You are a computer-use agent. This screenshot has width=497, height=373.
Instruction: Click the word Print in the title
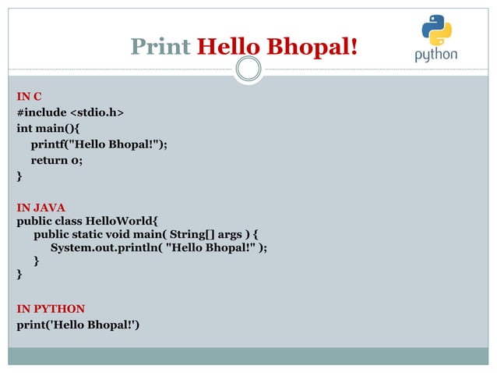tap(160, 48)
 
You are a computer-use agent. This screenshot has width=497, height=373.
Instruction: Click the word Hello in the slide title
tap(226, 48)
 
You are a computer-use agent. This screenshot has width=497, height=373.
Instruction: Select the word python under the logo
tap(435, 55)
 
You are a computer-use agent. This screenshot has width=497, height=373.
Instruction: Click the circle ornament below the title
tap(248, 70)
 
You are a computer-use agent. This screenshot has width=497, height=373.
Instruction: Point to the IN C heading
tap(29, 97)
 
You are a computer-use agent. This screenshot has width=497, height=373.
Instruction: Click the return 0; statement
tap(57, 161)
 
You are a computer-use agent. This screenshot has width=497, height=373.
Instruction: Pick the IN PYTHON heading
tap(51, 308)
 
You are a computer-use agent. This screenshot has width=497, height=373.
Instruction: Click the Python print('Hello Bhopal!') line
tap(78, 324)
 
